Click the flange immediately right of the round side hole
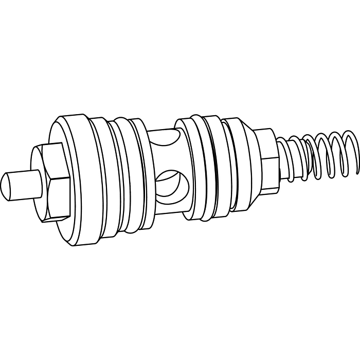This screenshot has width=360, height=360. [188, 170]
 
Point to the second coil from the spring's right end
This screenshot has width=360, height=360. [334, 154]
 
